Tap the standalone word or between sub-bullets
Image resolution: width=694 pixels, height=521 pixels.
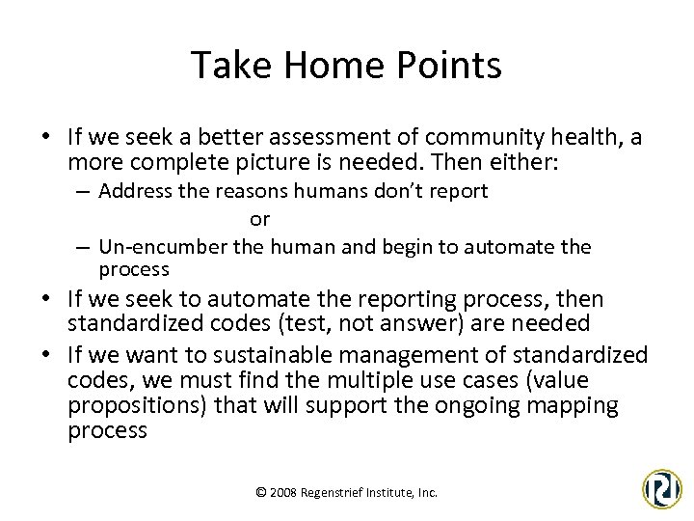click(x=259, y=219)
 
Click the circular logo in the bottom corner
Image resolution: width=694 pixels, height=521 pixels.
click(x=661, y=488)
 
